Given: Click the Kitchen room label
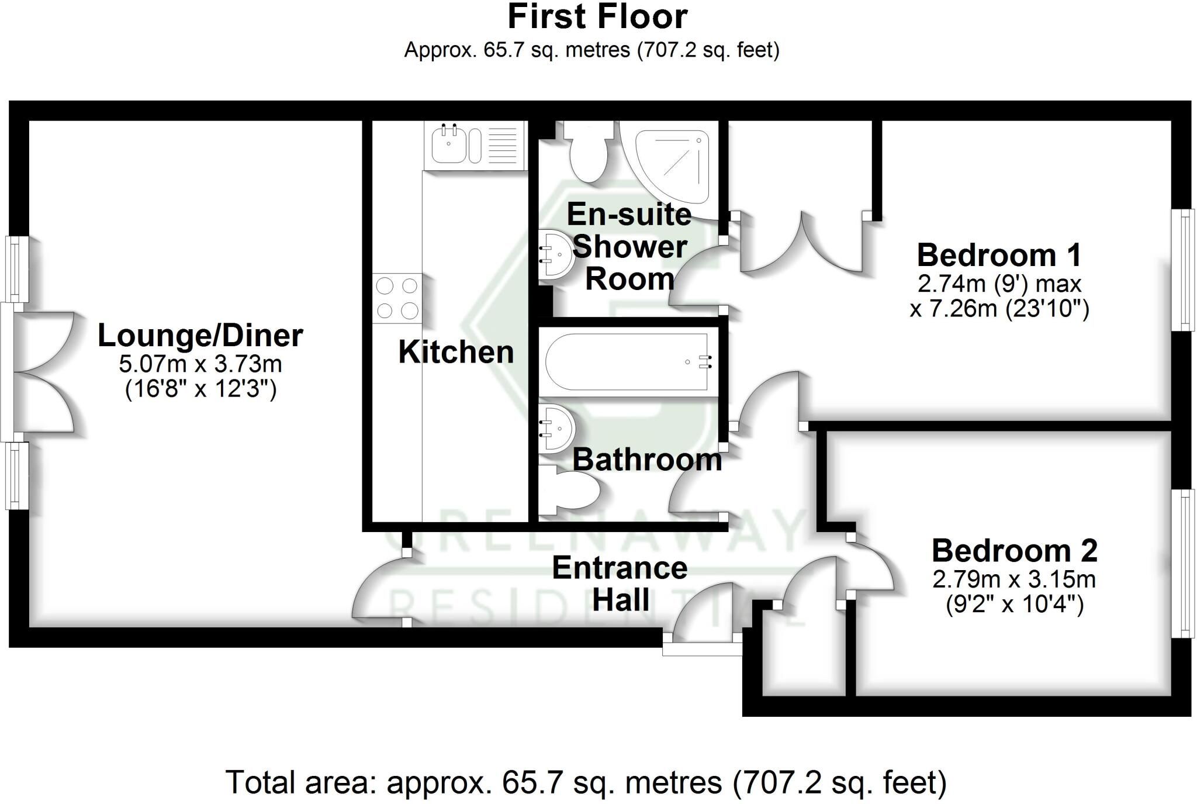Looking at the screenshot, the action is coord(456,352).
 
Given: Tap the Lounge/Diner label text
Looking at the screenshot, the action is coord(200,336).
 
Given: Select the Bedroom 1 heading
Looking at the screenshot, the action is coord(999,256).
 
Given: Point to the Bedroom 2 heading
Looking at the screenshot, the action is coord(1014,551).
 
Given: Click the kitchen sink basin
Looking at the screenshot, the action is coord(448,144).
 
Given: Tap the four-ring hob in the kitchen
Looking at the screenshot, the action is coord(397,298).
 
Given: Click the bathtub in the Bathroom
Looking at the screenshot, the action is coord(629,362).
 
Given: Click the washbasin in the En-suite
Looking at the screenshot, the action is coord(555,254).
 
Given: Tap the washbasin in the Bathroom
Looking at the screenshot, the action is coord(557,429).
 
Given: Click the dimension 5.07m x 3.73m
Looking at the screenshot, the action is coord(200,364).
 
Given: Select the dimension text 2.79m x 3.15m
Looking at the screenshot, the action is coord(1014,580).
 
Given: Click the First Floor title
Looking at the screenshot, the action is coord(597,16).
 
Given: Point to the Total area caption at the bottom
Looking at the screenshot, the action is coord(586,782).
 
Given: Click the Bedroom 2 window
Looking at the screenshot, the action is coord(1185,563).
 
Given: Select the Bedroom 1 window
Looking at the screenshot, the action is coord(1185,270).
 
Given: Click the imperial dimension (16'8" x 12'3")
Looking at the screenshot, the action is coord(200,389).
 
